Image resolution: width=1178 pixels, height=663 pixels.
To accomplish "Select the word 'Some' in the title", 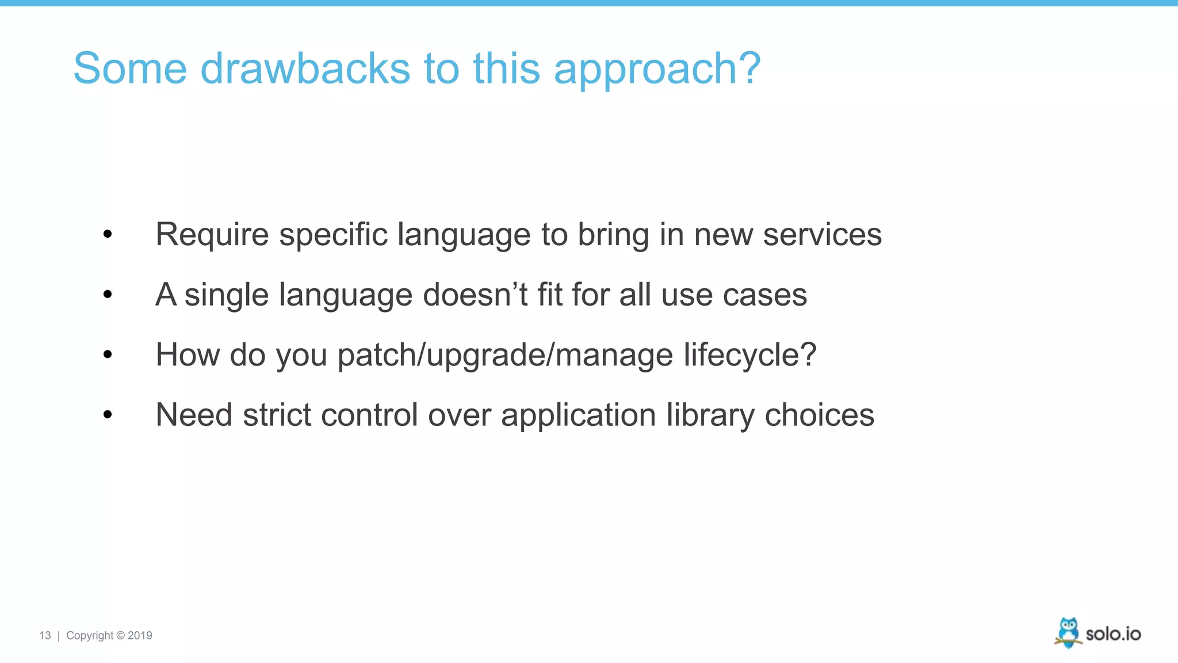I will coord(130,68).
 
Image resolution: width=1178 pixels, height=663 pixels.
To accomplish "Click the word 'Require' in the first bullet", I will coord(212,235).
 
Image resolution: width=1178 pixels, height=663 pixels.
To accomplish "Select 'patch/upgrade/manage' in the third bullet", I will coord(505,356).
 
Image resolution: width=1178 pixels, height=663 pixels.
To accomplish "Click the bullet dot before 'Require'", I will coord(108,234).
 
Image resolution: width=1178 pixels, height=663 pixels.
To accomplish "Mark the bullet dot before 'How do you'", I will coord(108,355).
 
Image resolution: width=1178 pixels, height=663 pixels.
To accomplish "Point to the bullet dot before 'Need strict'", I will coord(108,414).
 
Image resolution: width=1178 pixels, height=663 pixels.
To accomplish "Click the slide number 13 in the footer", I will coord(45,635).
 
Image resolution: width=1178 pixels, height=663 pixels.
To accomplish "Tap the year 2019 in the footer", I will coord(140,635).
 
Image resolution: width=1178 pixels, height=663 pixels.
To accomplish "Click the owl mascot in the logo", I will coord(1068,632).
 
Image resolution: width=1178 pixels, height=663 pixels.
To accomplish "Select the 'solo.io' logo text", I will coord(1113,634).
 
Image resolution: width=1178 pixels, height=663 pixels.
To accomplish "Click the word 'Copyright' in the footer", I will coord(90,635).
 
